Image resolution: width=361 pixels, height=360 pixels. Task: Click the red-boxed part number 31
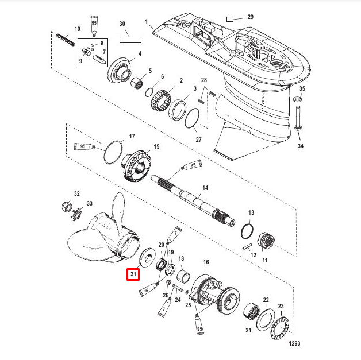(x=133, y=274)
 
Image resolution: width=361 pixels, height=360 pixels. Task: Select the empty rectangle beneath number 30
(x=130, y=41)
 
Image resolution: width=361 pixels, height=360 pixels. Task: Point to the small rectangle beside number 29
(x=232, y=18)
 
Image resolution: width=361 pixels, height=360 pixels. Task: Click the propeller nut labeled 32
(x=67, y=207)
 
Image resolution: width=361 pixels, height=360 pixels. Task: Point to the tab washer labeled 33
(x=74, y=217)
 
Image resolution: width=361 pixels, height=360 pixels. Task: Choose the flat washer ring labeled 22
(x=267, y=322)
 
